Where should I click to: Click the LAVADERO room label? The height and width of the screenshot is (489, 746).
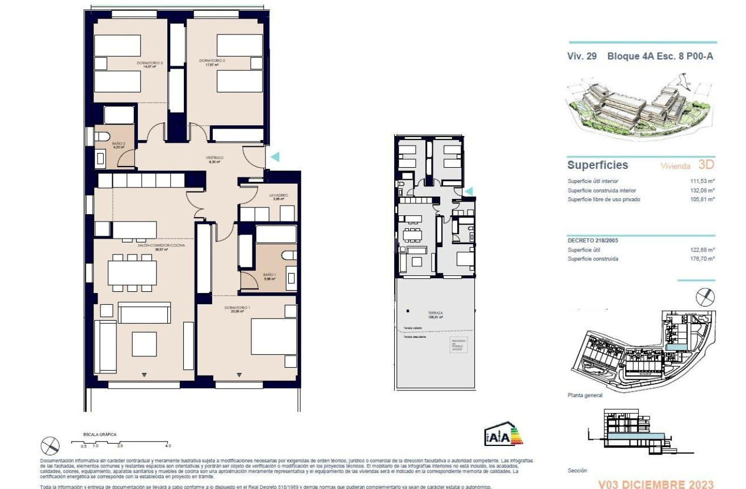click(278, 195)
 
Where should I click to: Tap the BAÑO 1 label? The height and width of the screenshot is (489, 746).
click(269, 275)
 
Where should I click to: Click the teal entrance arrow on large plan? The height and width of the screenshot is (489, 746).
click(275, 157)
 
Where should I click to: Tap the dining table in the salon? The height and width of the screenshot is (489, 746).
click(132, 273)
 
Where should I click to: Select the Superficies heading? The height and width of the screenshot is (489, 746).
click(597, 165)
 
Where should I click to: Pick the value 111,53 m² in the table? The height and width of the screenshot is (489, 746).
click(703, 181)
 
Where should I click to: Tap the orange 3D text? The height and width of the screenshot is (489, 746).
click(706, 165)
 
